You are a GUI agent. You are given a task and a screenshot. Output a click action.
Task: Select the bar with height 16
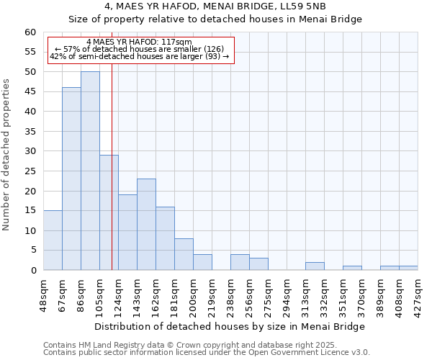pos(165,238)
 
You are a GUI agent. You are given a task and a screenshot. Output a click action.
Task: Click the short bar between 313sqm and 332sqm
pos(315,266)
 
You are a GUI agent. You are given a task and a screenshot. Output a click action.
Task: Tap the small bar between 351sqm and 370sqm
pos(352,268)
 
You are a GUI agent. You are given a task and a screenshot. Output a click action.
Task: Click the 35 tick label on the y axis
pos(30,132)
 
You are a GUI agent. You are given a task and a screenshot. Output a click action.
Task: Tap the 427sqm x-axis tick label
pos(418,294)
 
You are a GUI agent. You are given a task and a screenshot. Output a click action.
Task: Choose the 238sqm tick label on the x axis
pos(231,294)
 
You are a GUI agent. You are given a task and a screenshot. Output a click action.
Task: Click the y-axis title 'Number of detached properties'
pos(7,155)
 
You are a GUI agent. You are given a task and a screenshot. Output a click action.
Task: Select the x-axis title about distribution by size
pos(230,326)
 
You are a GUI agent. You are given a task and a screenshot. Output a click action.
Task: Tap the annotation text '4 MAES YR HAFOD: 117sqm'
pos(139,42)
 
